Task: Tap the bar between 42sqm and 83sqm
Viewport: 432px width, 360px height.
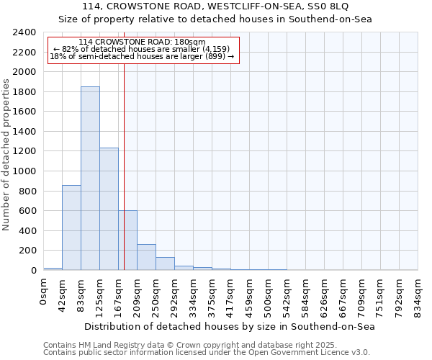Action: click(x=71, y=228)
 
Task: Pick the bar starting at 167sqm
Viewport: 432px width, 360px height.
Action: click(x=127, y=240)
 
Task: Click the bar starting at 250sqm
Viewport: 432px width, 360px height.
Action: click(x=165, y=264)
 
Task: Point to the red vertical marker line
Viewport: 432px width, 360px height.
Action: click(x=125, y=144)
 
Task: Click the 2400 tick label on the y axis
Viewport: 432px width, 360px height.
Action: click(x=24, y=32)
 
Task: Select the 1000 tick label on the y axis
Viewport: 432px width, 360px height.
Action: click(x=24, y=171)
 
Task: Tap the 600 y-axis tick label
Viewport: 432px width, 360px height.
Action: click(x=27, y=211)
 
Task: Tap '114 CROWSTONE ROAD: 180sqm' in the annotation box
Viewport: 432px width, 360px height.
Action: click(x=142, y=42)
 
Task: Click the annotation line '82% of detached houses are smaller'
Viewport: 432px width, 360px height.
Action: click(x=142, y=49)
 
